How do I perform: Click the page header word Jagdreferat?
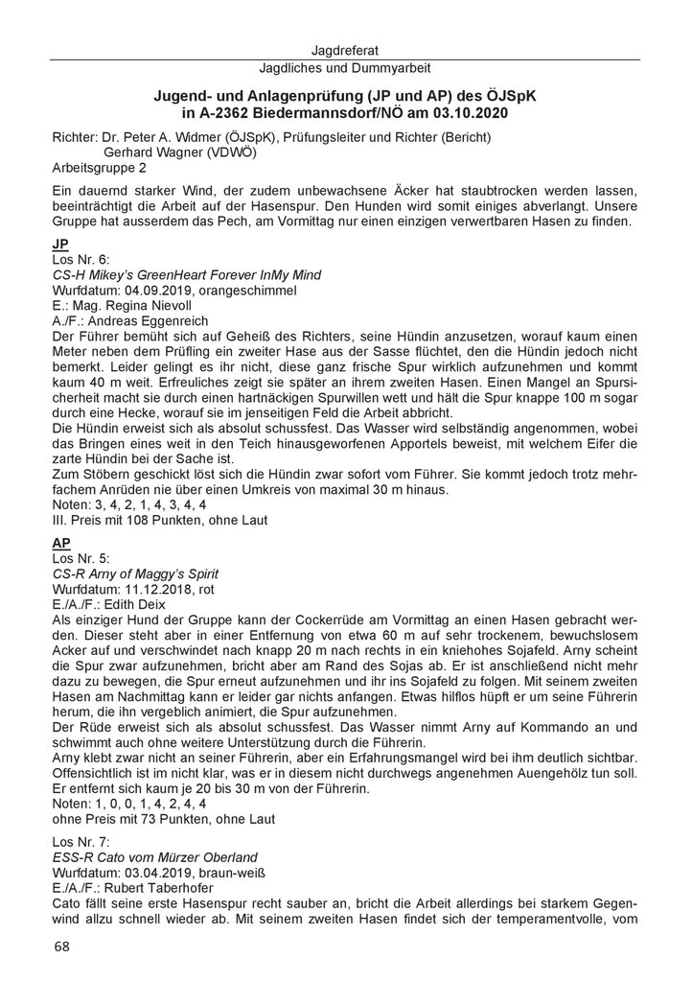[x=346, y=49]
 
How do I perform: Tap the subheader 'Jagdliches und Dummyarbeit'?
[x=346, y=68]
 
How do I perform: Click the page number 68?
[x=61, y=947]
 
